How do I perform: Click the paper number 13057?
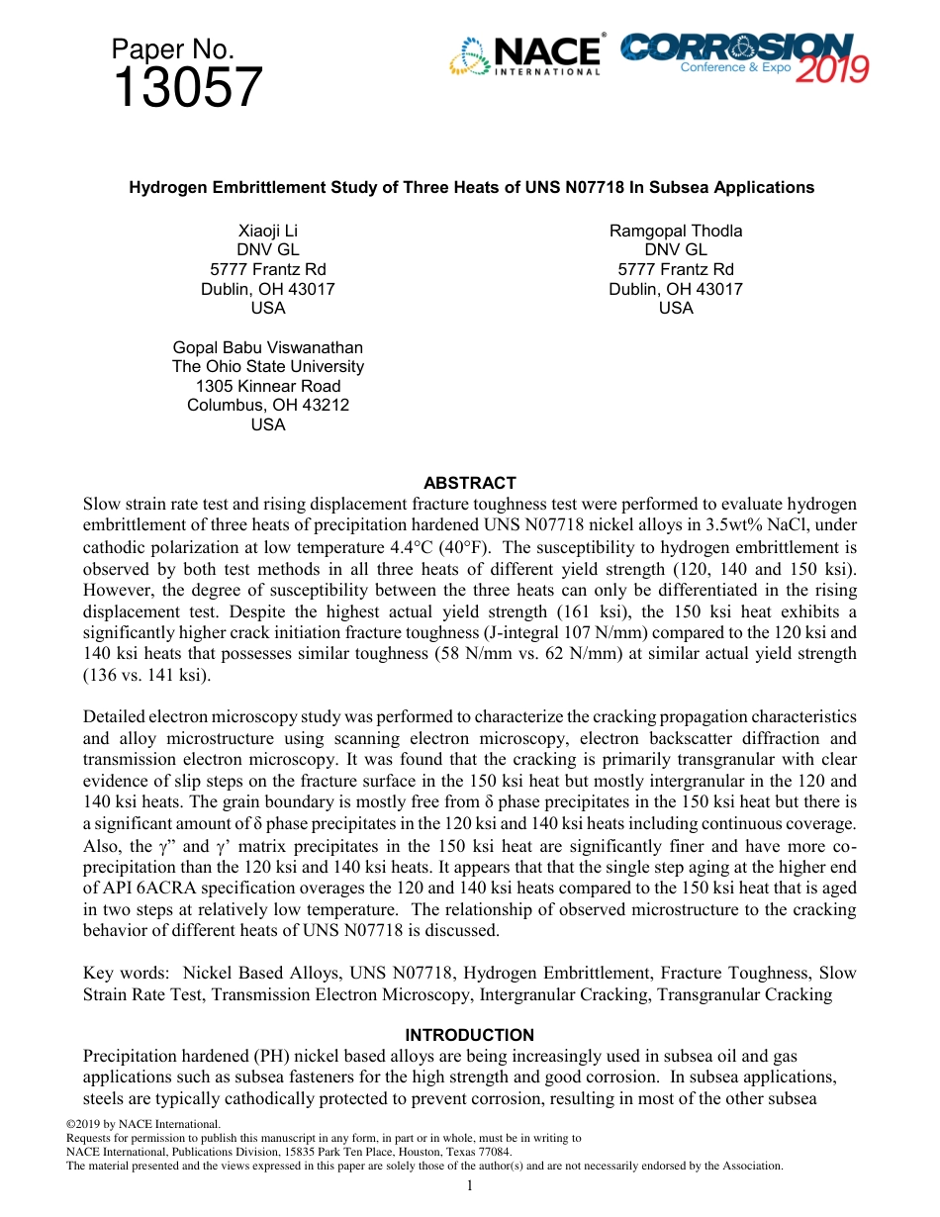[x=187, y=88]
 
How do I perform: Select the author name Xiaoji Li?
[x=268, y=231]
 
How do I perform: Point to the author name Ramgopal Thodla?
[x=676, y=231]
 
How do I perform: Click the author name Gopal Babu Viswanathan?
[x=268, y=347]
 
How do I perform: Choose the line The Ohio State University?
[x=268, y=367]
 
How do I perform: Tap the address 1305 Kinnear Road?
[x=268, y=386]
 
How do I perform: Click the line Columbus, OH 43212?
[x=268, y=406]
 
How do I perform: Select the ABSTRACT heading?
[x=470, y=483]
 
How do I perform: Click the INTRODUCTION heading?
[x=470, y=1035]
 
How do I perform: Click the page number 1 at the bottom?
[x=470, y=1186]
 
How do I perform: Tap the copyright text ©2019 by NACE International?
[x=142, y=1124]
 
